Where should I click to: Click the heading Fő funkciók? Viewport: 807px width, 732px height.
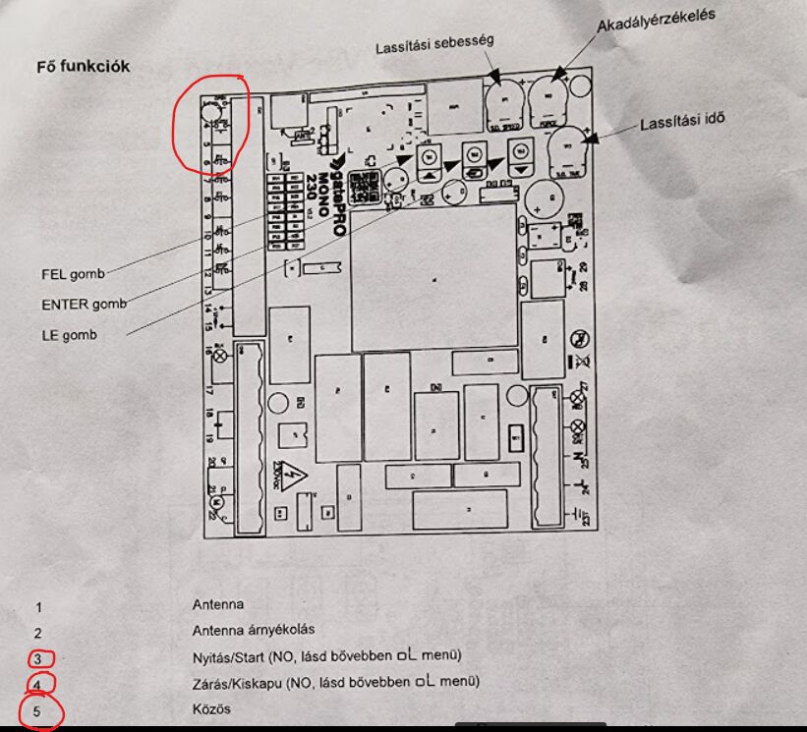[83, 67]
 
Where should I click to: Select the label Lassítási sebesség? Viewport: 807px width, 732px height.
[433, 45]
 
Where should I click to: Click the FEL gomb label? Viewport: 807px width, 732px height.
[73, 275]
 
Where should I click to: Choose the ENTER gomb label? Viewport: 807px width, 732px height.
[84, 305]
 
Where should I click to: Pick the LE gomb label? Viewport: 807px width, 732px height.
[69, 335]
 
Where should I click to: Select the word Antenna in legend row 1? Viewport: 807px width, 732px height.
[217, 604]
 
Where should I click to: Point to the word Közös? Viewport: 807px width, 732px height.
[211, 708]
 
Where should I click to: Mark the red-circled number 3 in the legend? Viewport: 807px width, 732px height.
[38, 658]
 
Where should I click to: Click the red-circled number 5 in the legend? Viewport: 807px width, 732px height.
[38, 710]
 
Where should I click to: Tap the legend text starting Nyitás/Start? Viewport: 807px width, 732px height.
[326, 655]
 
